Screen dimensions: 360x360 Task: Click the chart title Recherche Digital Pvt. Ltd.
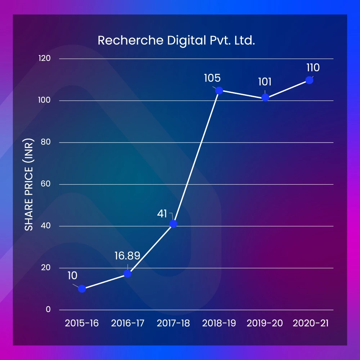(x=176, y=41)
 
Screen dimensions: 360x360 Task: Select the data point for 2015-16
(x=82, y=289)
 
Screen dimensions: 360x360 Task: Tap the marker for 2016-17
(x=127, y=274)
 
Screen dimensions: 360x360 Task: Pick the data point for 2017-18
(x=173, y=224)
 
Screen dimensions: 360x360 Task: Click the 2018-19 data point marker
(x=219, y=91)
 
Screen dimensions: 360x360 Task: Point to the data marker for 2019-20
(x=265, y=98)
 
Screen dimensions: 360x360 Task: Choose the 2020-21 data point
(x=309, y=80)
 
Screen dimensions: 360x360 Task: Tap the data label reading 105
(x=212, y=78)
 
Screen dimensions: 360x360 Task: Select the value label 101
(x=265, y=82)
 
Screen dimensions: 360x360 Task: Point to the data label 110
(x=313, y=68)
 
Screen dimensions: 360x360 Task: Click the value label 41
(x=162, y=214)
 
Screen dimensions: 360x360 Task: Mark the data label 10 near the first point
(x=72, y=276)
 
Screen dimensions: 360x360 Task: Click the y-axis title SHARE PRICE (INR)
(x=29, y=184)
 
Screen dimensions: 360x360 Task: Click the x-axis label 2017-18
(x=173, y=323)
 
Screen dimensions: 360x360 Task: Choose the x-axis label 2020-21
(x=311, y=323)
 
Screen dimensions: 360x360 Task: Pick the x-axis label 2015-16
(x=82, y=323)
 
